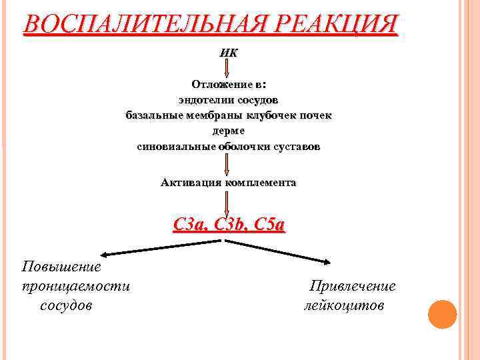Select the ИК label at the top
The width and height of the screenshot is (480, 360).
(x=228, y=53)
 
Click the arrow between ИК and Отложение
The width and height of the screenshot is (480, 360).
(x=228, y=67)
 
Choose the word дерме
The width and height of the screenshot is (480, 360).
(x=228, y=131)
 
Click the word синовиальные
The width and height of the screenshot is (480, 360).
(x=176, y=146)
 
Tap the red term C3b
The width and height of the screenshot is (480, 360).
(x=227, y=225)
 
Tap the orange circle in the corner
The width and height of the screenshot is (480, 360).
(x=441, y=313)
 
